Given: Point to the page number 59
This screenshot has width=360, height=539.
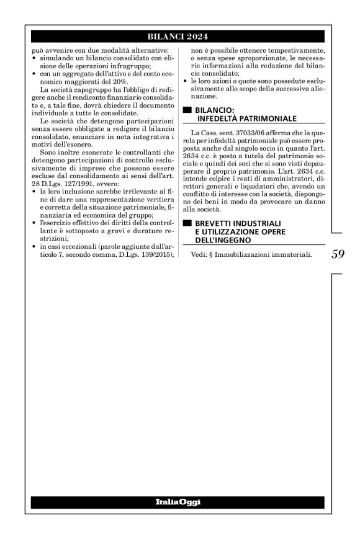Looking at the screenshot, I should (x=338, y=254).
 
